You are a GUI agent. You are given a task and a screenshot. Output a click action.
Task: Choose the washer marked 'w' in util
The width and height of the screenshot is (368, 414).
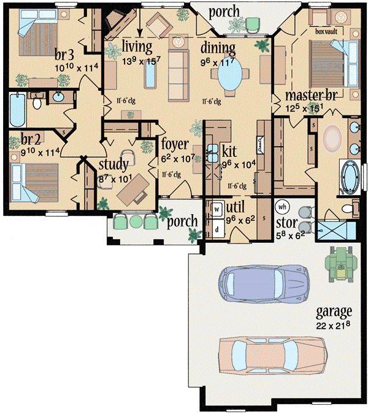(217, 208)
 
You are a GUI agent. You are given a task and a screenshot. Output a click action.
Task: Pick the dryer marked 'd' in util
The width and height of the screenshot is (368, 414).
(217, 228)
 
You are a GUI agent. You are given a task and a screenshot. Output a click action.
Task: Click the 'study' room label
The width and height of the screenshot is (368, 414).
(113, 164)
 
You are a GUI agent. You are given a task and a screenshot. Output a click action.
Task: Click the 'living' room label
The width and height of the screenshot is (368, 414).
(136, 47)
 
